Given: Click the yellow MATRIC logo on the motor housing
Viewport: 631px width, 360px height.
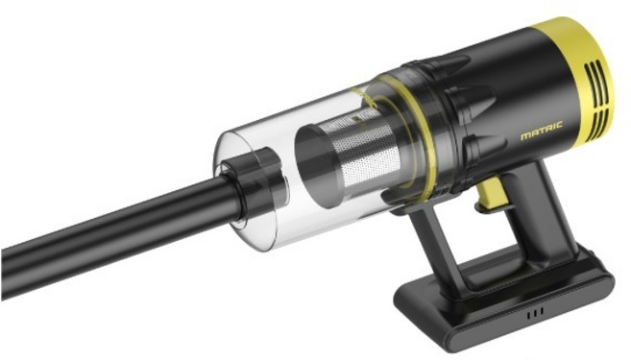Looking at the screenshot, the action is tap(542, 132).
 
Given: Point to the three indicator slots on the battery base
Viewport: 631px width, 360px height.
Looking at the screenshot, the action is tap(536, 312).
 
